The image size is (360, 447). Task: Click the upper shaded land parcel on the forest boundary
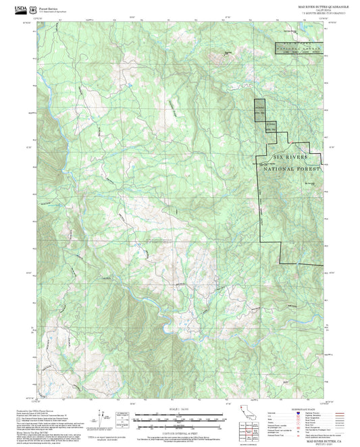[260, 109]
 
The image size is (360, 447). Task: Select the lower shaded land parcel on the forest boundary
[270, 128]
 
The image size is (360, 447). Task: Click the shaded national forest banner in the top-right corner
[298, 48]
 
